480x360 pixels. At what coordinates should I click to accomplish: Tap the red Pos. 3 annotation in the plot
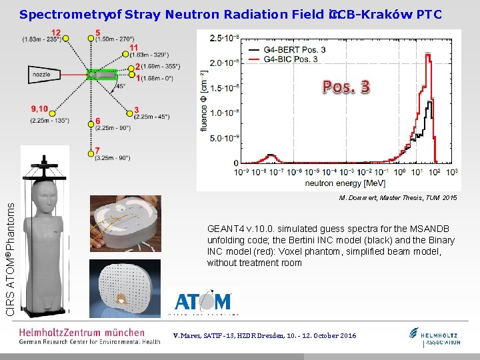(347, 87)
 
